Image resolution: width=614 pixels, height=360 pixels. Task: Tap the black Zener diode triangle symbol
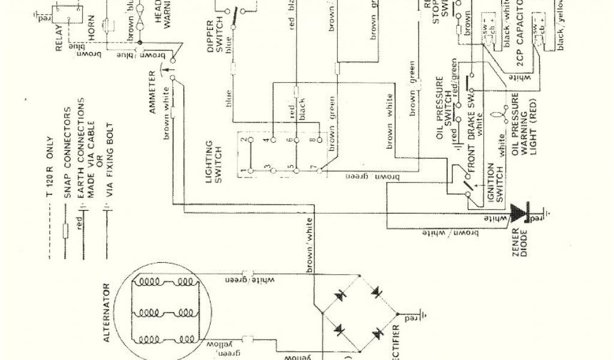(517, 212)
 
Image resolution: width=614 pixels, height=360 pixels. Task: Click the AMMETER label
(152, 92)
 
